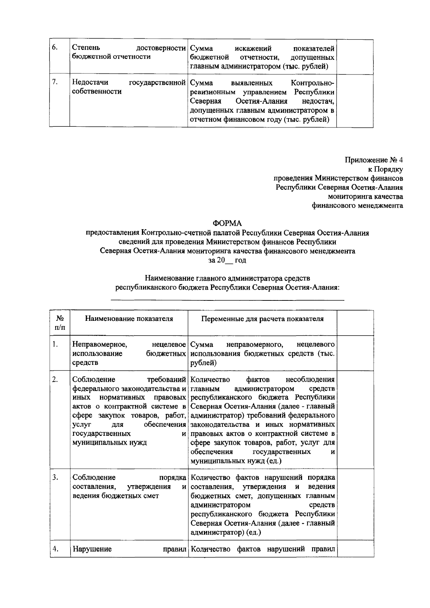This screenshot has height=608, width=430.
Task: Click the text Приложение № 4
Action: point(374,160)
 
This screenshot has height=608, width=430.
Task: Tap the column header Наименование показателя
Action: point(129,319)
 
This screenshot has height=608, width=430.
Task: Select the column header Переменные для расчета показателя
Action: point(262,319)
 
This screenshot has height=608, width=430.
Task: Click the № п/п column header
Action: point(60,323)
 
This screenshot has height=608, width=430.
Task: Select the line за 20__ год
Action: point(228,260)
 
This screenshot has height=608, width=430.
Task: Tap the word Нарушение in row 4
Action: point(92,549)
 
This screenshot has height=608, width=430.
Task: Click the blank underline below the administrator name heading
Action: point(228,299)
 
